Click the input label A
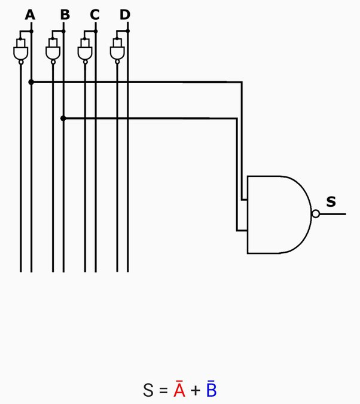30,15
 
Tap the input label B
65,15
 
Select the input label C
94,15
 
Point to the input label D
124,15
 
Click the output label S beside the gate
331,202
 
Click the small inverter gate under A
20,52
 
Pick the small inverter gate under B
53,52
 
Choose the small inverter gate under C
86,52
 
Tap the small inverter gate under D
117,52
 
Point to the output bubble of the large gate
315,214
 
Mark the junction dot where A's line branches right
31,82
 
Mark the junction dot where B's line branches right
63,118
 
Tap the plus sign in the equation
196,391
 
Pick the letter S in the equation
149,391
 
